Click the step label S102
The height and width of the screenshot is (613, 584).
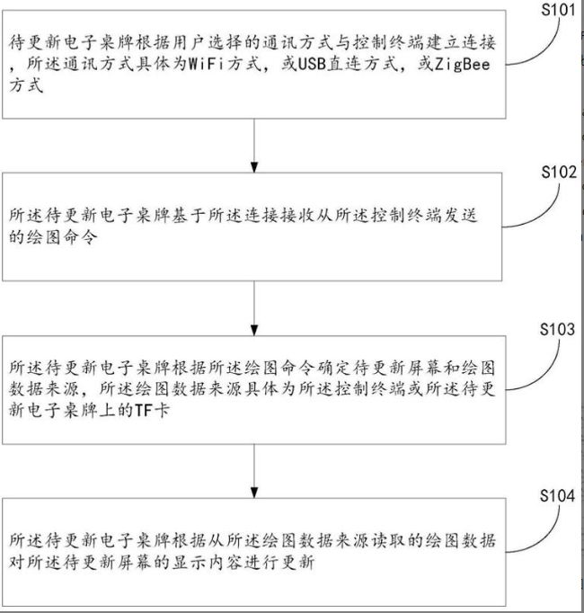558,173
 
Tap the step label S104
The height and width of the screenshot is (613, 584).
558,497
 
